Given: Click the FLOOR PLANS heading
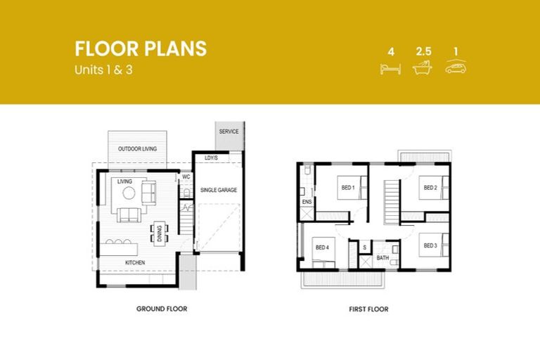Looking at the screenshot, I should (141, 49).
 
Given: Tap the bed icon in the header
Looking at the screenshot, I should (390, 68).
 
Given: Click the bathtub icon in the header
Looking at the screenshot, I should (423, 68).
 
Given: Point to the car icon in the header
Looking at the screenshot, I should (456, 67).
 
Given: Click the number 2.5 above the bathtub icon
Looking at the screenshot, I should (423, 52).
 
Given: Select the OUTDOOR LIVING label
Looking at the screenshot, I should (137, 149).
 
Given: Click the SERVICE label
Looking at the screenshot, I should (229, 131).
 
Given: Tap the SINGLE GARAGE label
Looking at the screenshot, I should (219, 191).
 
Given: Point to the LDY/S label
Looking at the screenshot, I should (211, 157).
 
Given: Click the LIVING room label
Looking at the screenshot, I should (125, 181).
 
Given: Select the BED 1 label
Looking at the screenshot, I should (348, 188).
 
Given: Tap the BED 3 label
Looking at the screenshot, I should (430, 245).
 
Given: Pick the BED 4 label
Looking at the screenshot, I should (322, 247).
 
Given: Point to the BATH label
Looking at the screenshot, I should (382, 258).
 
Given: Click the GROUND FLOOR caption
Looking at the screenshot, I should (162, 309).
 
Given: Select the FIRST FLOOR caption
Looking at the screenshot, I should (368, 309).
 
